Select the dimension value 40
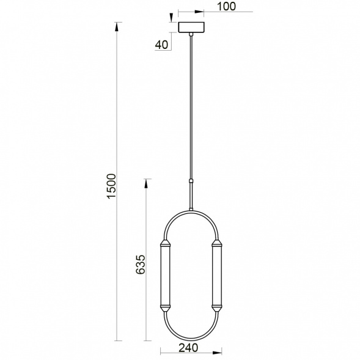click(x=161, y=44)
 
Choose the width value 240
click(x=189, y=348)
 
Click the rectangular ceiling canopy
click(x=192, y=28)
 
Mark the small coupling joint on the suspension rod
click(x=192, y=181)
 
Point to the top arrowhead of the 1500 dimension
click(x=117, y=26)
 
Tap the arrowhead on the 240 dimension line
click(x=218, y=353)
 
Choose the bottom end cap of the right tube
click(x=216, y=306)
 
